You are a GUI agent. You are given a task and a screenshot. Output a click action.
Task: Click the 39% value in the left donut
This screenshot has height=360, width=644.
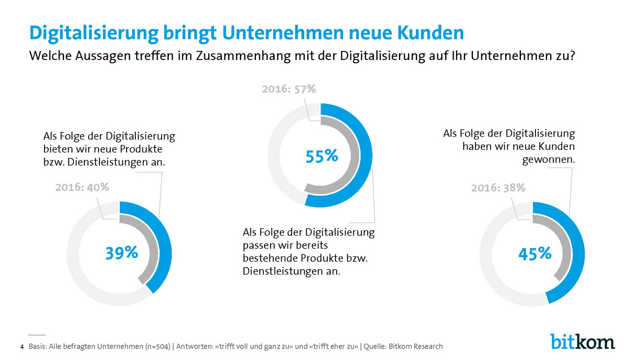(x=121, y=253)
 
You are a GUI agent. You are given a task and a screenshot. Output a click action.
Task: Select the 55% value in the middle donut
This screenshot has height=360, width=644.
(x=322, y=156)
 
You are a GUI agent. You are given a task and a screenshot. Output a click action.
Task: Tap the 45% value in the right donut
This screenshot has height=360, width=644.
(x=535, y=254)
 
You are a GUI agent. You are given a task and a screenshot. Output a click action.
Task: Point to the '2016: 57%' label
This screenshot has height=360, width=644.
(x=289, y=89)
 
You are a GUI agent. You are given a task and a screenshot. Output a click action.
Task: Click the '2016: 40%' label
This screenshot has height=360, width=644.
(x=82, y=187)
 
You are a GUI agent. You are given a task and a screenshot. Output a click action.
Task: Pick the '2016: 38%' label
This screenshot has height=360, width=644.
(x=498, y=188)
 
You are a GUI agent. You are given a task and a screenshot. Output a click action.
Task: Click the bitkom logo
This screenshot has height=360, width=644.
(x=582, y=342)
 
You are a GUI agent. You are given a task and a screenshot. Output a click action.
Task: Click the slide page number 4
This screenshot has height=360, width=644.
(x=22, y=347)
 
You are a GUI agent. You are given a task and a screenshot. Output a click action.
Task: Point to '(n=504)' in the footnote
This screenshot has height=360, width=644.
(x=158, y=347)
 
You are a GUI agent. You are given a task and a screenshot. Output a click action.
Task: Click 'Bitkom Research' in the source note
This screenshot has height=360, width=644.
(x=416, y=347)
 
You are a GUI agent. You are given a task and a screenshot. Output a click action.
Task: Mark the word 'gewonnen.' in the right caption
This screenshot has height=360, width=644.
(x=548, y=160)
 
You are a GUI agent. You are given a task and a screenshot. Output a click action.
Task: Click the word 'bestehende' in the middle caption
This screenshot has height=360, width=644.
(x=270, y=258)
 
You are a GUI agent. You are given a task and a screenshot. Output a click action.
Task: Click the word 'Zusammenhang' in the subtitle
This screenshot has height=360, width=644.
(x=243, y=56)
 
